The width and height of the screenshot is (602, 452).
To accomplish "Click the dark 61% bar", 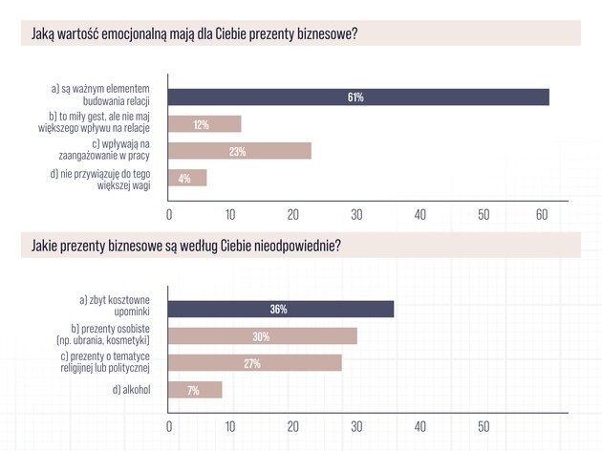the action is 358,97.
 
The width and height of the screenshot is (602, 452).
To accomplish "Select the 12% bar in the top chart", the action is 204,124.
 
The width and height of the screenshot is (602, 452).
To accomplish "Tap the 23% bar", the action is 240,151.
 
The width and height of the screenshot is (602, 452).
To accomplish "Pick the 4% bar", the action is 187,178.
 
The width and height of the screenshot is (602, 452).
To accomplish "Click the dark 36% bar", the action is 281,310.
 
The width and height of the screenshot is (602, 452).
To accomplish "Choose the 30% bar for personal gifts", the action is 263,336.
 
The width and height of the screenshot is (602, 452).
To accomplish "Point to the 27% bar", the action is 255,363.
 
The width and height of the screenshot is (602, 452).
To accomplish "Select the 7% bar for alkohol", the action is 195,390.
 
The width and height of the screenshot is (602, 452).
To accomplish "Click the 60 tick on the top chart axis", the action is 542,215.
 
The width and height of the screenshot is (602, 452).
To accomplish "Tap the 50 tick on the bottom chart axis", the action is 484,426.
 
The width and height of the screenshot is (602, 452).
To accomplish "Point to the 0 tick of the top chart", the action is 169,215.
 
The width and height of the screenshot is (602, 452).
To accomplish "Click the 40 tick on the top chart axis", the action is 420,215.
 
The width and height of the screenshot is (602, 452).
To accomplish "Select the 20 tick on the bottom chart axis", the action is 293,426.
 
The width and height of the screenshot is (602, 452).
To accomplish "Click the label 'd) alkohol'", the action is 131,390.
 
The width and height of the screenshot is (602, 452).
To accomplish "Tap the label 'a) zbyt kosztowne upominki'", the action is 115,306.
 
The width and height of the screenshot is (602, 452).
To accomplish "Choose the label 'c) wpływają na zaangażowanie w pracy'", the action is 104,150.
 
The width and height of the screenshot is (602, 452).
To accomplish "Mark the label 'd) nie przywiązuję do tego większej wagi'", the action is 100,180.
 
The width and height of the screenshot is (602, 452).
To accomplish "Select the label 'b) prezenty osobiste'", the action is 110,329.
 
